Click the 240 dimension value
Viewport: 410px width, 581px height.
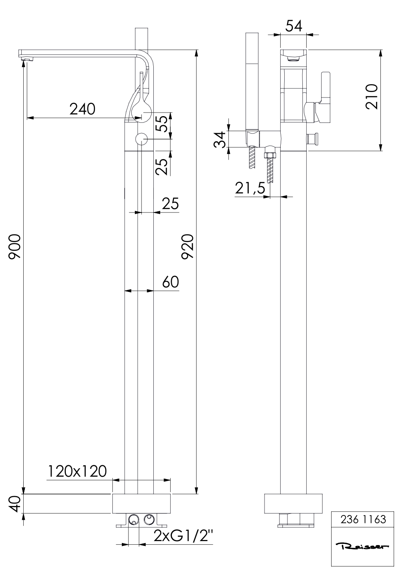point(82,109)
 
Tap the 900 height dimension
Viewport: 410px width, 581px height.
point(15,247)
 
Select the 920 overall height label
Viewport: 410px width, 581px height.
point(187,246)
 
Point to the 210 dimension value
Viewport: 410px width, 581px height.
point(372,96)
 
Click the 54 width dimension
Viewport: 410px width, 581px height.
point(294,26)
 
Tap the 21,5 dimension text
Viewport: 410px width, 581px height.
point(250,188)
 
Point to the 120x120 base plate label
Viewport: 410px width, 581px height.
point(77,471)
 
